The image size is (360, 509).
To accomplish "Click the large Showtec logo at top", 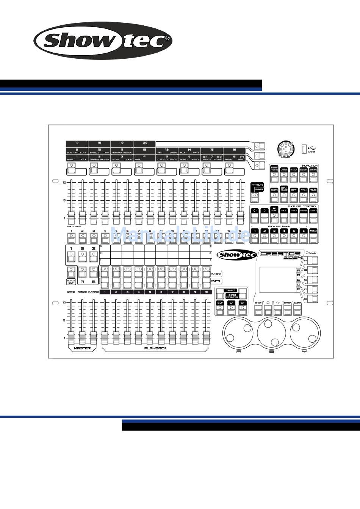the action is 103,41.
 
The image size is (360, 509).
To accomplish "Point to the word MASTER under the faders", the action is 82,348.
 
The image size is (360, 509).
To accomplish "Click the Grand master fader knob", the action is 71,336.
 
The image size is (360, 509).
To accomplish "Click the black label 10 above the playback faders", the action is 206,292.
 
